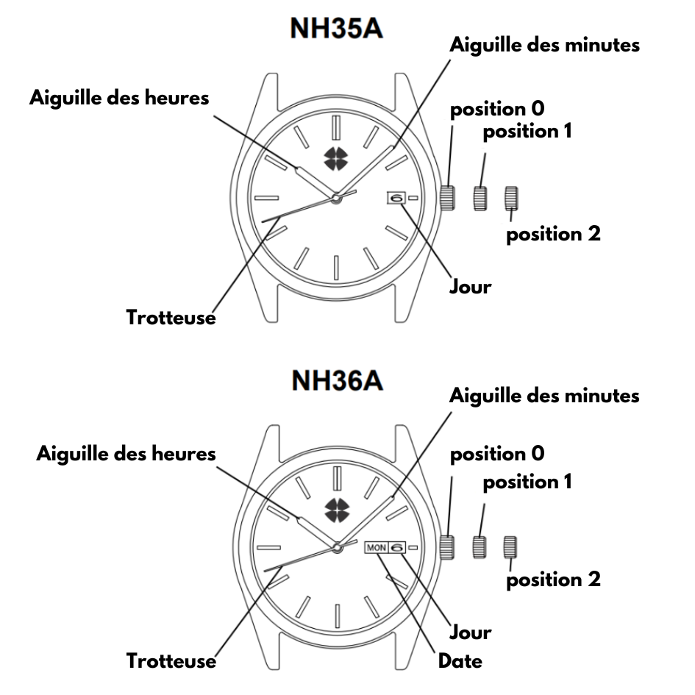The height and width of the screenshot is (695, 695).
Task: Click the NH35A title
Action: click(336, 29)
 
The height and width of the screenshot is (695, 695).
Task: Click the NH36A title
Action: click(338, 380)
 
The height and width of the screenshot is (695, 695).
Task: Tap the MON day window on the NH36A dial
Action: click(377, 548)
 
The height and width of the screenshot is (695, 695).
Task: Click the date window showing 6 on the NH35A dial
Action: click(396, 198)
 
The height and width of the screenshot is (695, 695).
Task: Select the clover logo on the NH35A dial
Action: click(336, 159)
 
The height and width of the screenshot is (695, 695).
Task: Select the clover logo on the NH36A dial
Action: click(338, 510)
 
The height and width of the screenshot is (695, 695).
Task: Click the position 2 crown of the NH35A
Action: click(511, 198)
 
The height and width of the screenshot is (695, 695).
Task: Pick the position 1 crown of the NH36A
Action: click(480, 547)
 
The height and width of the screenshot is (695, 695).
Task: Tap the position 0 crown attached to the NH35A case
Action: click(448, 198)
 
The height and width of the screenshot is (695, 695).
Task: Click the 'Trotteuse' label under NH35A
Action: click(171, 318)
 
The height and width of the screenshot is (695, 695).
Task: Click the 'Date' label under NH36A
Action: click(460, 661)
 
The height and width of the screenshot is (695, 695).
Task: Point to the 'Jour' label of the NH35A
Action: click(471, 286)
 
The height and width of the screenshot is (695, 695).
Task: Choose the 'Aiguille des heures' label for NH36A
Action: click(126, 455)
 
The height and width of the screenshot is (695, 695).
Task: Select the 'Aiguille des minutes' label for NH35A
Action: click(545, 45)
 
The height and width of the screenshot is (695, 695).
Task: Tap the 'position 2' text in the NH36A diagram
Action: click(554, 580)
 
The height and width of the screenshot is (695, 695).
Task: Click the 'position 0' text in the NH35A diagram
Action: click(497, 109)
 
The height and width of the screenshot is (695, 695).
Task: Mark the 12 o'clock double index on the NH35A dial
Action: click(336, 127)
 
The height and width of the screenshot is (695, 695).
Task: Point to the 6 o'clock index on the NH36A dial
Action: click(338, 616)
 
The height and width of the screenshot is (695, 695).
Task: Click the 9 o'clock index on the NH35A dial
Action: click(267, 198)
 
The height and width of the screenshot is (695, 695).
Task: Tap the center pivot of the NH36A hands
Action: click(338, 548)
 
